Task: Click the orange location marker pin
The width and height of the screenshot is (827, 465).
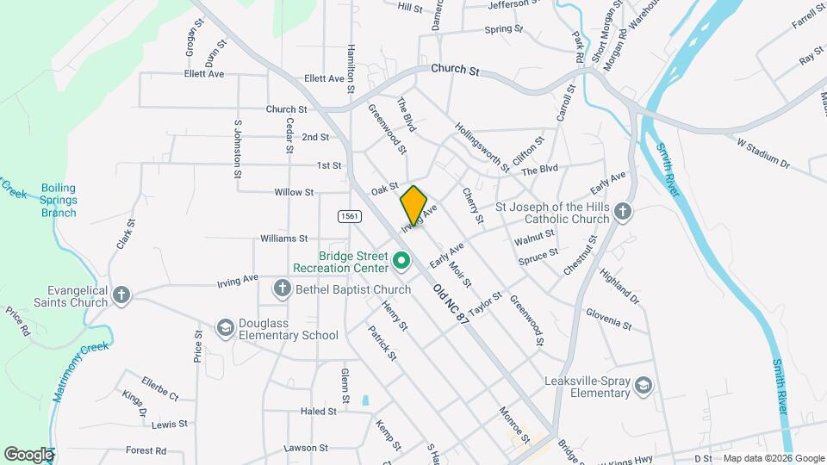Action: click(413, 204)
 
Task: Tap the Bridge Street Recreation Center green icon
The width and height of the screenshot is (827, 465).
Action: click(401, 259)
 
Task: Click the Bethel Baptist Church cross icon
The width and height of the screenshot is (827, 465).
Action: click(282, 289)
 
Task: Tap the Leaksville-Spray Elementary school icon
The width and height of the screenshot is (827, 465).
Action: click(643, 387)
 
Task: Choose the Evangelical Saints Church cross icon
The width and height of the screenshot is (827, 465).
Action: click(121, 295)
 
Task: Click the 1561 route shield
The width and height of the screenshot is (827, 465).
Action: click(349, 215)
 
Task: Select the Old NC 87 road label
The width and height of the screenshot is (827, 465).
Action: click(451, 304)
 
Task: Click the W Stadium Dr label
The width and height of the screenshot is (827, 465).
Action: click(763, 152)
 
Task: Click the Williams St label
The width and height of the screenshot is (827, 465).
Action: click(284, 238)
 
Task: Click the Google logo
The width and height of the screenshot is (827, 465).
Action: click(28, 454)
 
